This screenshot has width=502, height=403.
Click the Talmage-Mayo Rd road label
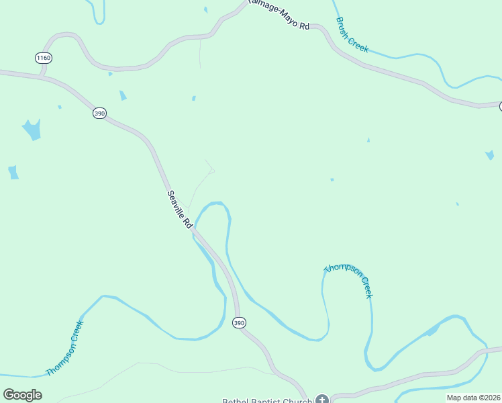point(278,14)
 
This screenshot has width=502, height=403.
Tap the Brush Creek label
point(352,34)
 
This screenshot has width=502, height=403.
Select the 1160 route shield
point(44,58)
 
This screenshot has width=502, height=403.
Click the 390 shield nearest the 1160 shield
point(99,114)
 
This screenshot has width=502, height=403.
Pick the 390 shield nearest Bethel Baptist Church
point(239,323)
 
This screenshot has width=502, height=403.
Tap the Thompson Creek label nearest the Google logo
point(65,349)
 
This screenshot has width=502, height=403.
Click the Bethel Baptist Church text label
point(267,400)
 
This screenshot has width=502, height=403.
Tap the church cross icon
point(322,400)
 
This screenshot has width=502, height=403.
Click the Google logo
point(22,394)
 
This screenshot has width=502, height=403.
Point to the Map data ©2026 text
point(473,397)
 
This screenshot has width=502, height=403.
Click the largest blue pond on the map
point(32,129)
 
